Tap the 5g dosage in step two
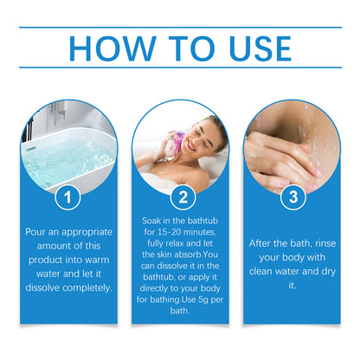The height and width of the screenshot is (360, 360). pyautogui.click(x=203, y=299)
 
